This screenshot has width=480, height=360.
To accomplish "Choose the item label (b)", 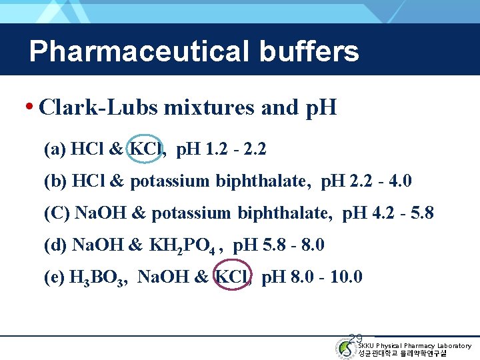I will (55, 181).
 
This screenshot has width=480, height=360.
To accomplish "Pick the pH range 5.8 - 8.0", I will (294, 245).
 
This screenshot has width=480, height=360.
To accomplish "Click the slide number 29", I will (356, 339).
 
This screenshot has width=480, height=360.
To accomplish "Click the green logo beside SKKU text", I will (346, 348).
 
